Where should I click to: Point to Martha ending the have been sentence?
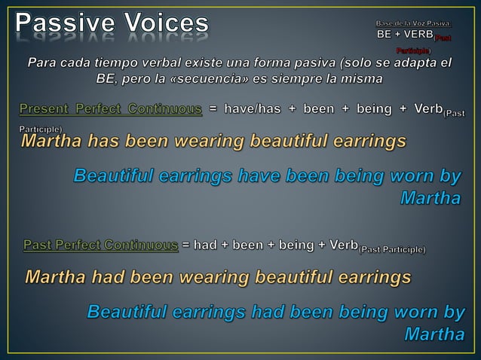pyautogui.click(x=429, y=199)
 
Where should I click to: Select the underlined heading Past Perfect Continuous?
pyautogui.click(x=101, y=246)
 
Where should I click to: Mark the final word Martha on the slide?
pyautogui.click(x=434, y=332)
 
